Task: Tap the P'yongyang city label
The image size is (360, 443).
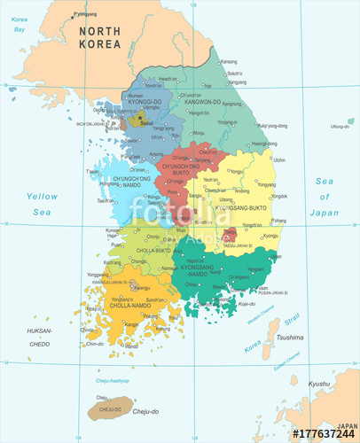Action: click(85, 14)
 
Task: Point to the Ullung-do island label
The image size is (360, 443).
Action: click(340, 127)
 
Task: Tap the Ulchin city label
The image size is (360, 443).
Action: click(279, 159)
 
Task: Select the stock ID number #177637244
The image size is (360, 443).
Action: click(324, 433)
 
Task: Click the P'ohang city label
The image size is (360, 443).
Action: click(278, 220)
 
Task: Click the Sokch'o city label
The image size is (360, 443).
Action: click(234, 73)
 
